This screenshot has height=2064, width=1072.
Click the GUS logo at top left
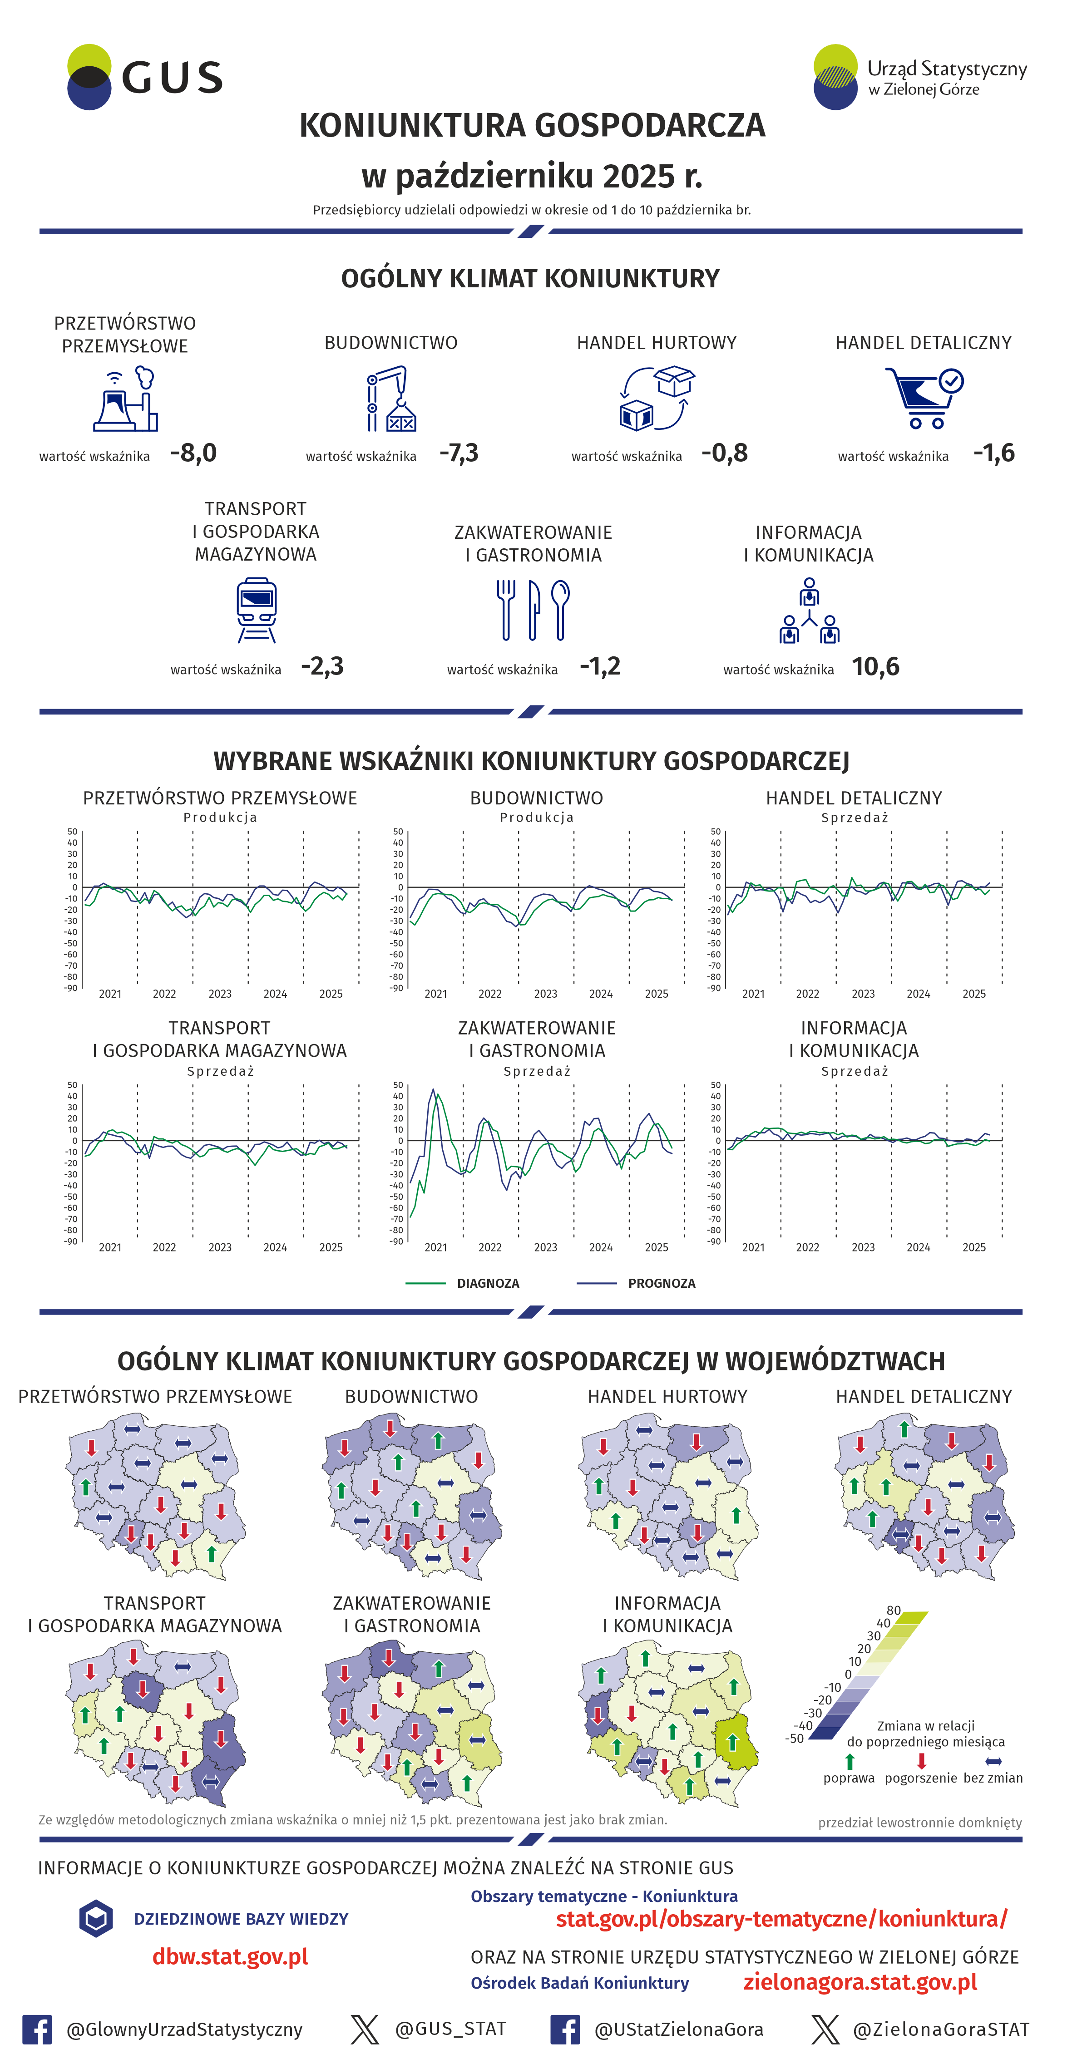pos(144,77)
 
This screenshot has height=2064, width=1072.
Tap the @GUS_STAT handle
pos(450,2028)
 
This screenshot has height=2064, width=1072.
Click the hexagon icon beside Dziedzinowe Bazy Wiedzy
pos(96,1918)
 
